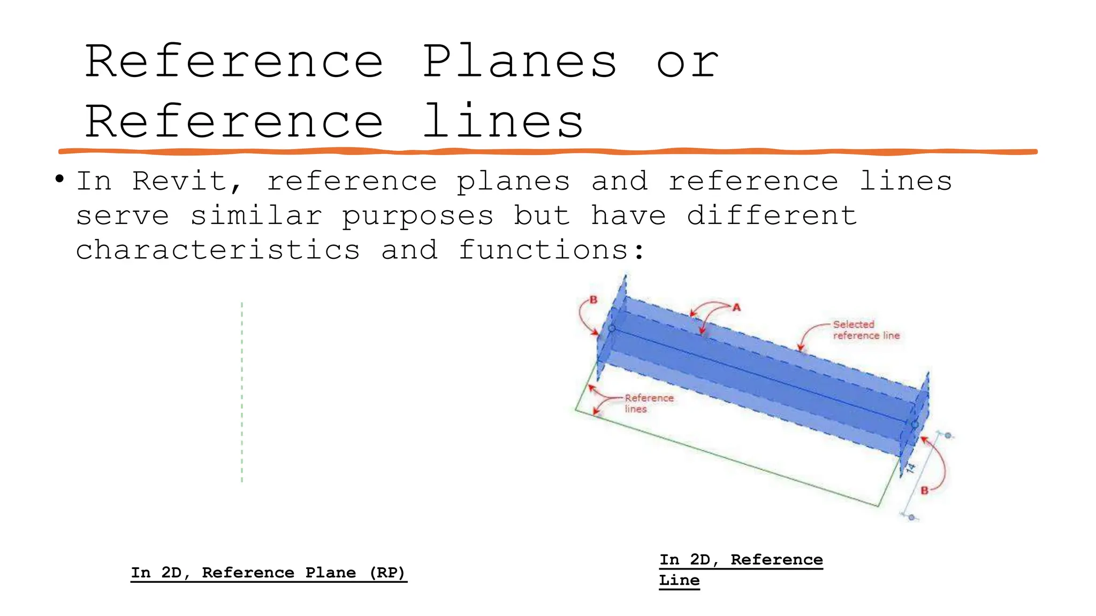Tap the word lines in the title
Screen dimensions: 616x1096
[503, 122]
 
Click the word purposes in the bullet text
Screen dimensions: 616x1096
[417, 216]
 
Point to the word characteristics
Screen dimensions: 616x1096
[218, 250]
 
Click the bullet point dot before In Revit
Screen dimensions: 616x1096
[59, 179]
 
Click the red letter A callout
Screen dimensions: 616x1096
[736, 307]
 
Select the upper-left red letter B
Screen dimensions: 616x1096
[593, 300]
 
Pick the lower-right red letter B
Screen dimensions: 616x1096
[924, 490]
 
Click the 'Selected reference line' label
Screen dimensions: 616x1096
[865, 330]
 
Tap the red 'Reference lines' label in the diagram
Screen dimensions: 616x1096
[648, 403]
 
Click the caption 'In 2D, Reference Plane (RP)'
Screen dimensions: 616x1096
[269, 573]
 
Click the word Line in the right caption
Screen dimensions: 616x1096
[679, 580]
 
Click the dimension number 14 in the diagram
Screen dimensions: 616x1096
[910, 469]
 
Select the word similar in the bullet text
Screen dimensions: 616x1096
[256, 216]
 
